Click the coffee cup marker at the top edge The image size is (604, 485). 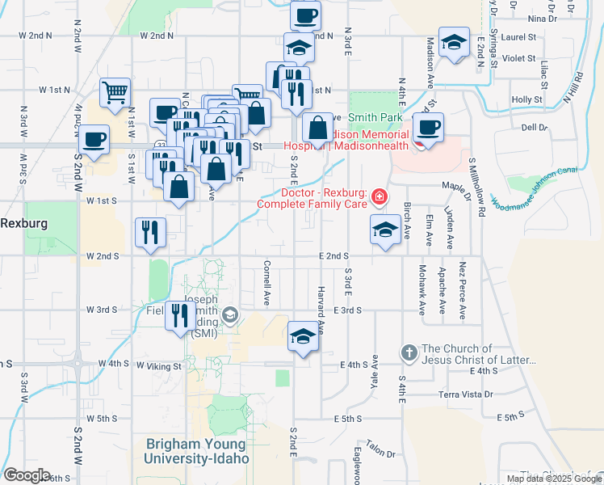[305, 16]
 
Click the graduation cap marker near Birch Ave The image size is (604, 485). [385, 230]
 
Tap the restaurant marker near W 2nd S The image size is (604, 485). [150, 233]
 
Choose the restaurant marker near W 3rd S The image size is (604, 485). [178, 314]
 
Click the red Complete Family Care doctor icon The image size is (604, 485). [379, 197]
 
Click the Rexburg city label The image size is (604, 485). [23, 222]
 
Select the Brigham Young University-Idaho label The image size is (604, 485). [198, 451]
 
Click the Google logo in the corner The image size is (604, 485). [26, 475]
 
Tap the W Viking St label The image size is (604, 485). [159, 366]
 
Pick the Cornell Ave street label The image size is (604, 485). [266, 283]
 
